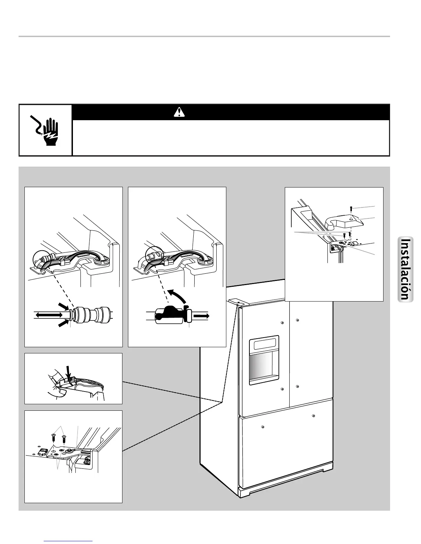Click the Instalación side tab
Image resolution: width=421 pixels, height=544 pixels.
(x=406, y=269)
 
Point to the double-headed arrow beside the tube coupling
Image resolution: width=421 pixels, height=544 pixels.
(x=48, y=314)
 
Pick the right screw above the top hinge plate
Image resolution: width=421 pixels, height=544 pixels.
(x=64, y=439)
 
